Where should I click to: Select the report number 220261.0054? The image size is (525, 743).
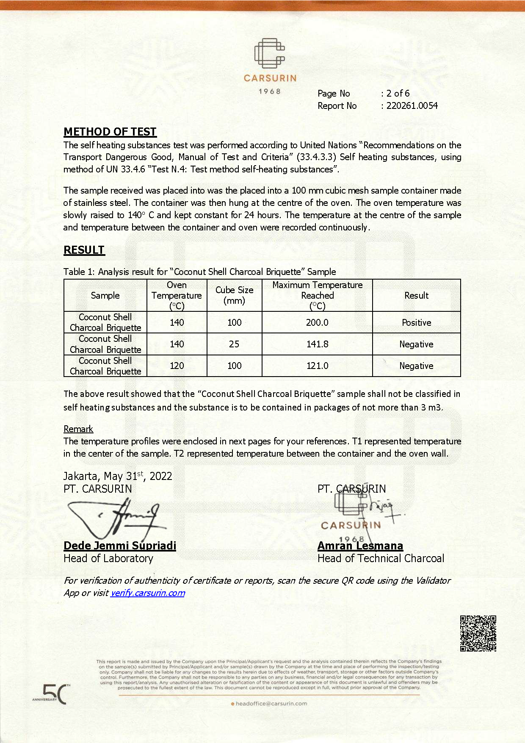coord(412,106)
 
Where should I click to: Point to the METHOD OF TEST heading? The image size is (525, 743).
coord(110,132)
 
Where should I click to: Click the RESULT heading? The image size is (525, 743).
coord(84,250)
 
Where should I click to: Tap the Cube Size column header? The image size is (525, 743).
coord(234,295)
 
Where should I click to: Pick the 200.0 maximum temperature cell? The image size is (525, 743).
coord(317,322)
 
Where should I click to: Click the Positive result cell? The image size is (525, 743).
coord(416,322)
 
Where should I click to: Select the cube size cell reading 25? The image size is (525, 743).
coord(234,344)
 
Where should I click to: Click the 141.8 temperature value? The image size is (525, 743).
coord(317,344)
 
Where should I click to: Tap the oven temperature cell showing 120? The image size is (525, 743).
coord(177,366)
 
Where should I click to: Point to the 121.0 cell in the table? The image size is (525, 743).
coord(317,366)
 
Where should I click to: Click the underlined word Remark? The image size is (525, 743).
coord(78,429)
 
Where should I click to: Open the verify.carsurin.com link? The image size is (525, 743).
coord(148,593)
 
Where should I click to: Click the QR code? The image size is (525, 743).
coord(478,633)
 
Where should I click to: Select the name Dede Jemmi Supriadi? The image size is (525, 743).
coord(120,546)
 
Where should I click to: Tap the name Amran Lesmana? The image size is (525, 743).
coord(360,546)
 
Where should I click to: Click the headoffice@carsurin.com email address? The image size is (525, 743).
coord(271,704)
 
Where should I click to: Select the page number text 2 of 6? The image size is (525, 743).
coord(398,94)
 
